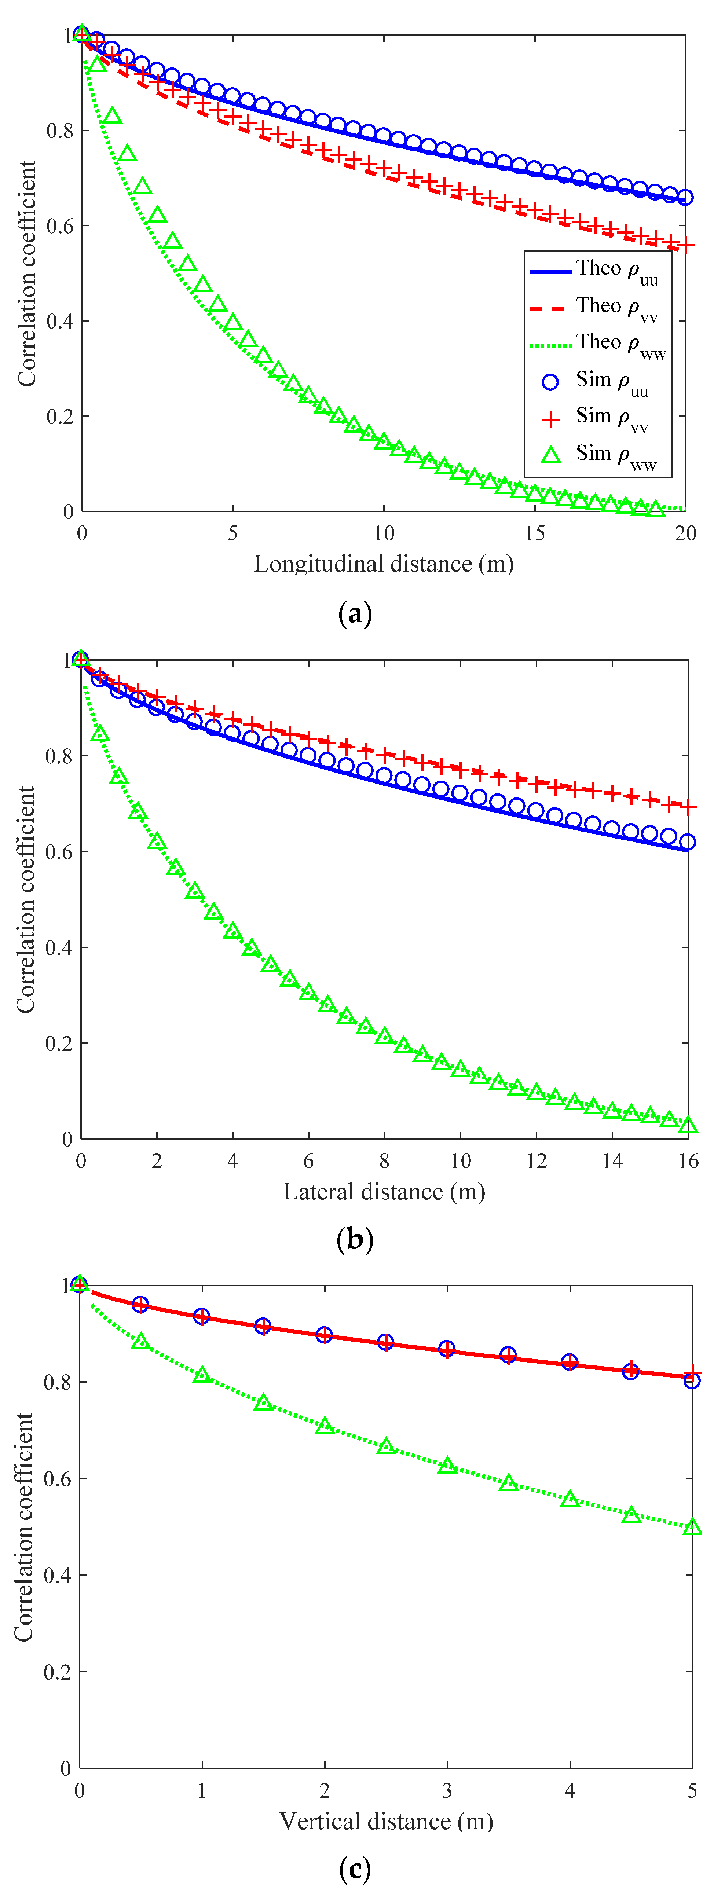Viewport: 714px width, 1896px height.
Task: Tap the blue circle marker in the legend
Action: (550, 381)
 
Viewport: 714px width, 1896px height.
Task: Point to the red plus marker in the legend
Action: (550, 419)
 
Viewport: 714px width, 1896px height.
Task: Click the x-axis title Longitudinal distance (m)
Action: (384, 564)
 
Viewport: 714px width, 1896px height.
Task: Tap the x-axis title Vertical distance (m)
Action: (386, 1821)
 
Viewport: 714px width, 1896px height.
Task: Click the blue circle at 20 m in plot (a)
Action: (685, 197)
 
